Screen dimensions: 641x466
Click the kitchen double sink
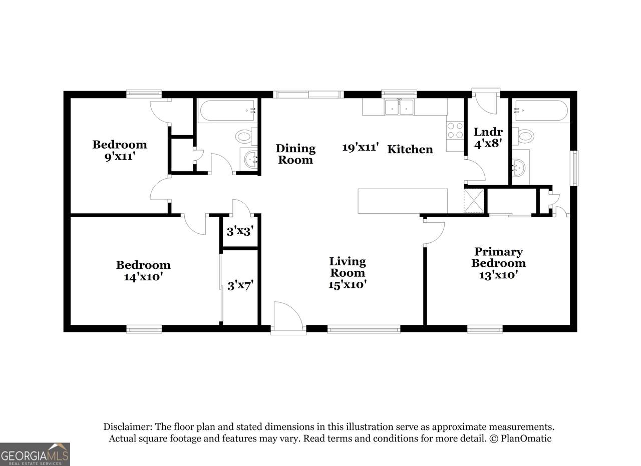(399, 107)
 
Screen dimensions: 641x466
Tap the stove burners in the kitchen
(455, 130)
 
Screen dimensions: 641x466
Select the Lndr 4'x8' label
(488, 138)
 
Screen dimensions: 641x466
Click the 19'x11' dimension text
(361, 147)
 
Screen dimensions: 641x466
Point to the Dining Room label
(295, 154)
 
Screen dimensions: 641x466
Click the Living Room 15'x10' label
(348, 273)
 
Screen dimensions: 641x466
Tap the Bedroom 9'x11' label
(120, 151)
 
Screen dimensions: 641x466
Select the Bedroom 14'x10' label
(143, 271)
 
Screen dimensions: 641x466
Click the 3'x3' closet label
(240, 231)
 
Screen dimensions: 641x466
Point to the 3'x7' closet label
(240, 286)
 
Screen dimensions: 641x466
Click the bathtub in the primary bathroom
(541, 111)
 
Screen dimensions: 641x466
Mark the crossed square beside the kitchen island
(474, 201)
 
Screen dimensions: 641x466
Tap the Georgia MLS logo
(35, 454)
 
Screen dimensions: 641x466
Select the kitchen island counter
(403, 201)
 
